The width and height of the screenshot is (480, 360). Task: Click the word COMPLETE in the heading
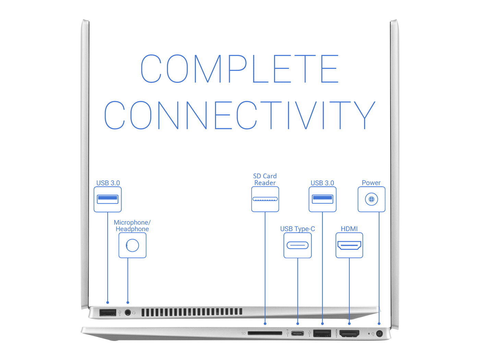(x=240, y=69)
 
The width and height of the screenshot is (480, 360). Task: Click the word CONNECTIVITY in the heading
(x=240, y=115)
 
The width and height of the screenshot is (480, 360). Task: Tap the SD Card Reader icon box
(x=265, y=199)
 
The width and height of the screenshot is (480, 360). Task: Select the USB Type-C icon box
(x=297, y=245)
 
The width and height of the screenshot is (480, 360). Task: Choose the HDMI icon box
(x=349, y=245)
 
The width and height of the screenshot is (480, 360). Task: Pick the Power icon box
(x=371, y=199)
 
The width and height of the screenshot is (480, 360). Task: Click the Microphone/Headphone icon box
(x=132, y=245)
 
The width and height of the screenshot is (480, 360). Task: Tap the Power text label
(x=371, y=183)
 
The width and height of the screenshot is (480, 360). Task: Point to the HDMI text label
(x=349, y=229)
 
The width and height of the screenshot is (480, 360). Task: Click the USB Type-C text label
(x=297, y=229)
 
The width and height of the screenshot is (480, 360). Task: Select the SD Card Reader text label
(x=265, y=179)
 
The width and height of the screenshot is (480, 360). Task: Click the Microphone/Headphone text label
(x=132, y=226)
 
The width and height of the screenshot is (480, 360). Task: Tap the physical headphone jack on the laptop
(x=128, y=313)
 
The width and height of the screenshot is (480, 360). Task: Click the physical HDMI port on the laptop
(x=349, y=334)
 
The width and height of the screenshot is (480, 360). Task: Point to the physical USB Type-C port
(x=297, y=334)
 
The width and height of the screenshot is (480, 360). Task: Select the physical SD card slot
(x=265, y=333)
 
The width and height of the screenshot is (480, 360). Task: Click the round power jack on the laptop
(x=379, y=334)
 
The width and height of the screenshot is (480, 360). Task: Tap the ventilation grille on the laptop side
(x=192, y=312)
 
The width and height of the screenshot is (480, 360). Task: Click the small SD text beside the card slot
(x=243, y=333)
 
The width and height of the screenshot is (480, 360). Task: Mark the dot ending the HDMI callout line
(x=349, y=324)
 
